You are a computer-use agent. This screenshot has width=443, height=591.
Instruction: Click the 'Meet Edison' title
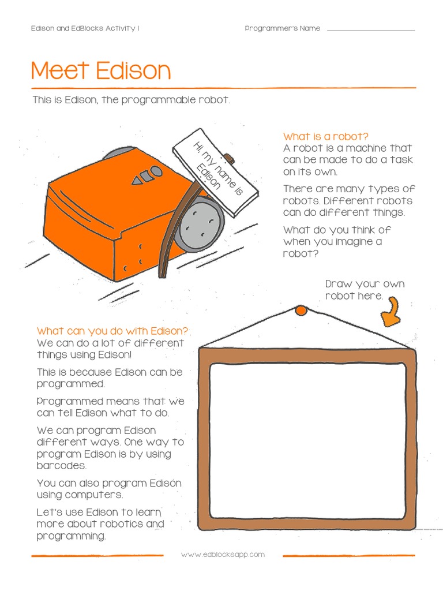tap(101, 71)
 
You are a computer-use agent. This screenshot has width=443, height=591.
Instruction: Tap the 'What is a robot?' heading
tap(325, 136)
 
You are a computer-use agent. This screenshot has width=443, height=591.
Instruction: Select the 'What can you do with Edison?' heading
tap(112, 331)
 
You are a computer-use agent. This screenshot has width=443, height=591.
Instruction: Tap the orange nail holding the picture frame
tap(301, 311)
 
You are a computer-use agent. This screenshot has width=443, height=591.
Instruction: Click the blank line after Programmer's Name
tap(370, 29)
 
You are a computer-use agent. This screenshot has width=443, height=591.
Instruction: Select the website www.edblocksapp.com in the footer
tap(223, 555)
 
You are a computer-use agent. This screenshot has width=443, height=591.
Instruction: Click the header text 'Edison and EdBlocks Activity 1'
tap(85, 29)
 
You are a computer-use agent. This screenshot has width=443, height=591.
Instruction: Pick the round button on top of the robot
tap(156, 171)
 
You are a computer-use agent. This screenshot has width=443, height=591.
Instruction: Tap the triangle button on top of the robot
tap(137, 181)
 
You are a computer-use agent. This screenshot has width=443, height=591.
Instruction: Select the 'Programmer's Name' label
tap(282, 29)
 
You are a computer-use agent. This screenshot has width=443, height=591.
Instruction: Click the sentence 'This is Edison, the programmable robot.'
tap(132, 100)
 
